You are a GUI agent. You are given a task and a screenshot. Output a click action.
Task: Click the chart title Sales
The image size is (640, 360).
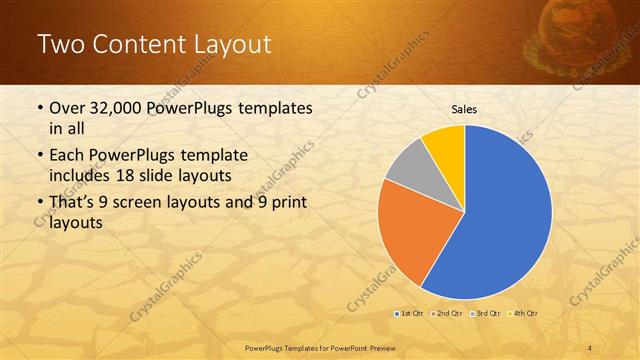(464, 109)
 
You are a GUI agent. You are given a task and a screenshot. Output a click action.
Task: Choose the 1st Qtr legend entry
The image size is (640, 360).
(407, 314)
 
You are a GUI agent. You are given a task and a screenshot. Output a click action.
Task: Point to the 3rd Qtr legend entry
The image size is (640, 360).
(486, 314)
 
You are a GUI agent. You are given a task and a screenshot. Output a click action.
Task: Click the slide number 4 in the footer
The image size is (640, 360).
(590, 347)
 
